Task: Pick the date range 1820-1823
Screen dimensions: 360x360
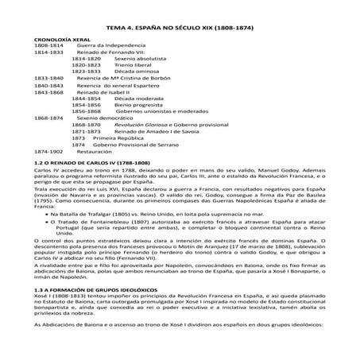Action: (x=86, y=65)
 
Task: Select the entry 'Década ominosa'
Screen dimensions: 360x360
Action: (x=137, y=72)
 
